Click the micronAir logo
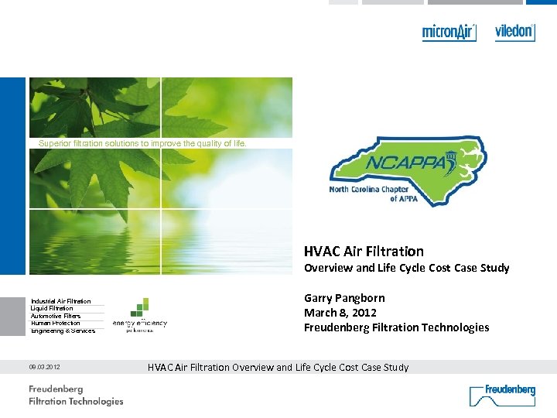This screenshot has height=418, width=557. (x=449, y=33)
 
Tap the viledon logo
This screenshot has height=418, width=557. (x=514, y=32)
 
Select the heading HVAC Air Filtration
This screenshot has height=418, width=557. (x=364, y=251)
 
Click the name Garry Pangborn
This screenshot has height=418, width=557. (x=344, y=298)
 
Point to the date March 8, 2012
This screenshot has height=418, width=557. (x=340, y=313)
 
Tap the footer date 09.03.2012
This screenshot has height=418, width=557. (x=46, y=367)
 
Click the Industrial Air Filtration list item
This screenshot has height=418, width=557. (x=60, y=301)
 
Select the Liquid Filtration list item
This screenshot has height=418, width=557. (x=52, y=308)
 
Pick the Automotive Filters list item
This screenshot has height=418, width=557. (x=56, y=316)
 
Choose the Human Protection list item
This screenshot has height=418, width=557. (x=55, y=323)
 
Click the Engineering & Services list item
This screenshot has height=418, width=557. (x=63, y=331)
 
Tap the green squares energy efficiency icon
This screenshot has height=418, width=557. (x=140, y=307)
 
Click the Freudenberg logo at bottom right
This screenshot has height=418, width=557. (x=502, y=394)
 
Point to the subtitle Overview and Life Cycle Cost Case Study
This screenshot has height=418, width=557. (x=406, y=268)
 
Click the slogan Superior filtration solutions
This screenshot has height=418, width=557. (x=143, y=143)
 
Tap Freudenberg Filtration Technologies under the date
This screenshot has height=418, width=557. (x=396, y=327)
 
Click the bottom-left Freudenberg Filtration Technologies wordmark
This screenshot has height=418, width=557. (x=76, y=395)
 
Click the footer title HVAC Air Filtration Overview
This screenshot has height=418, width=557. (x=278, y=367)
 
